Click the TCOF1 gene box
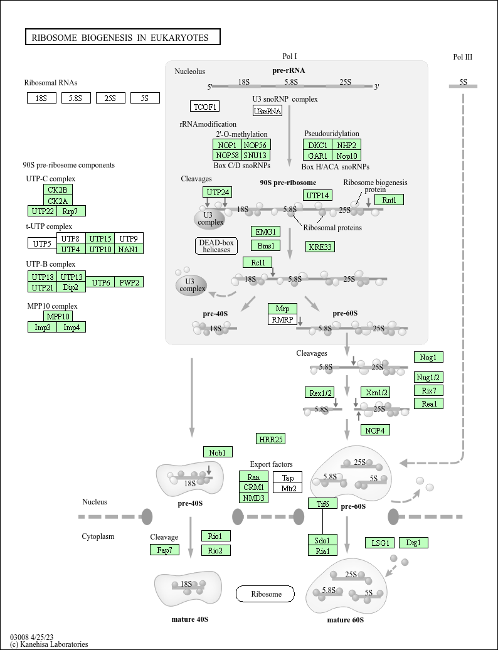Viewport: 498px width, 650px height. (204, 106)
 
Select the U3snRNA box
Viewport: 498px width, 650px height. (267, 110)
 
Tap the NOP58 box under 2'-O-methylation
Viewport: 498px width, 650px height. (227, 155)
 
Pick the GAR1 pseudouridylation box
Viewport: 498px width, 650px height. (318, 155)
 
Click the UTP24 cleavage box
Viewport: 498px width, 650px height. (218, 192)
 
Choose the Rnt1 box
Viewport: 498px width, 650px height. (389, 200)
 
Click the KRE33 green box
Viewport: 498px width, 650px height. (320, 247)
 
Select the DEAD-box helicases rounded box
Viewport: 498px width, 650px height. (216, 246)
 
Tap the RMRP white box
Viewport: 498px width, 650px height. (282, 319)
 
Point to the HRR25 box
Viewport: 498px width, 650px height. (271, 439)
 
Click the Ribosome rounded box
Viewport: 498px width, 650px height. (265, 594)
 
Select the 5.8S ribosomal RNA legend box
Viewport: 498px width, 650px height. (76, 98)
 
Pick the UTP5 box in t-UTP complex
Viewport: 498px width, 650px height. (42, 243)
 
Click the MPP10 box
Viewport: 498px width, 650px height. (58, 316)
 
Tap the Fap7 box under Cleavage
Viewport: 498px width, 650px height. (164, 550)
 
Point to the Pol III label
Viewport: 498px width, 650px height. (462, 57)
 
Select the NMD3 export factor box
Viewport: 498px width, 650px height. (254, 498)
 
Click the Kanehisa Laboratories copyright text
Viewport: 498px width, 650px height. (49, 644)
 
